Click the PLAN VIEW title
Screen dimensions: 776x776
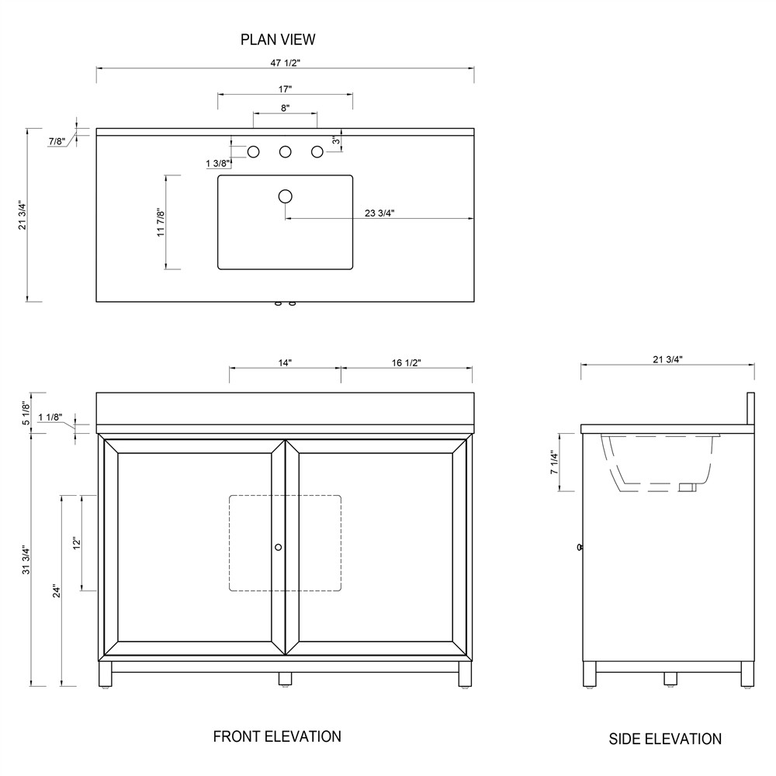click(278, 39)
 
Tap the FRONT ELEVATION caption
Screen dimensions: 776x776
click(277, 736)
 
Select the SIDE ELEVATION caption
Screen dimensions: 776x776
click(665, 739)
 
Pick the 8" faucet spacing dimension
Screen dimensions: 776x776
click(285, 108)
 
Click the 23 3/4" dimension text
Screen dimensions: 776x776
click(379, 213)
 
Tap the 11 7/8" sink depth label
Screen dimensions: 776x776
click(161, 223)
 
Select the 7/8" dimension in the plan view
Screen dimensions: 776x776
click(57, 141)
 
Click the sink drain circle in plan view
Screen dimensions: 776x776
click(286, 196)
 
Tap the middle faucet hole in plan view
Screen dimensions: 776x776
click(285, 152)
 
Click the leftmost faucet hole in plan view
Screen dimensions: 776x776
click(253, 152)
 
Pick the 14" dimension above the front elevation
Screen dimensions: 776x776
click(284, 362)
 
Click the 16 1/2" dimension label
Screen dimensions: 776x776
click(407, 362)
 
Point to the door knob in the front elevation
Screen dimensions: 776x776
click(279, 547)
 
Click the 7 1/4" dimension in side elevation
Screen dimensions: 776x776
click(554, 464)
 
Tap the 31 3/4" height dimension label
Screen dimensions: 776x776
click(26, 559)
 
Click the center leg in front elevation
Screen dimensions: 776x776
click(285, 678)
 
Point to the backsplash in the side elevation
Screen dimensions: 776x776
click(750, 409)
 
